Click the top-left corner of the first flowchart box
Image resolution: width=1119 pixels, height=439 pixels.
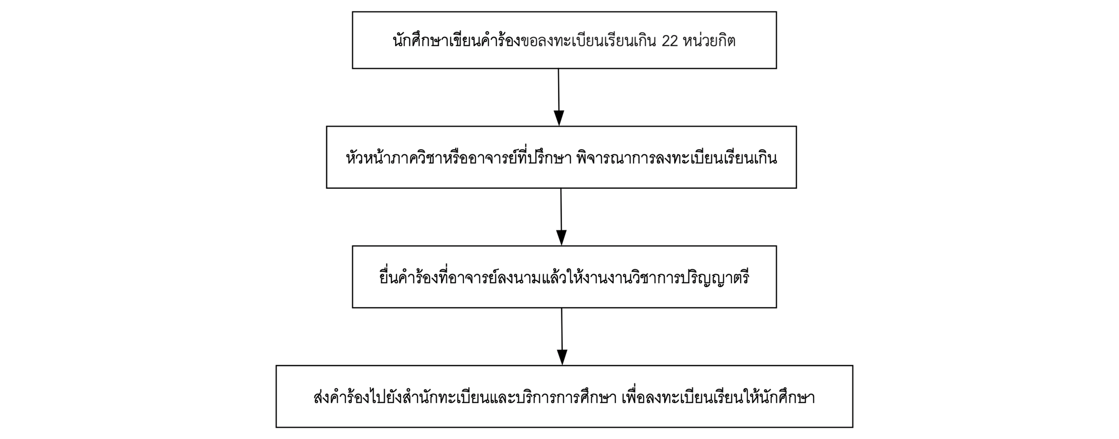point(352,12)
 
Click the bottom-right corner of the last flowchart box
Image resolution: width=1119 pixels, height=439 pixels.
point(853,427)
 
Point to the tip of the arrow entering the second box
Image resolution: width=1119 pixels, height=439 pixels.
point(559,126)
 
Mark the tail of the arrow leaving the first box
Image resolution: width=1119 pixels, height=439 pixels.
point(558,68)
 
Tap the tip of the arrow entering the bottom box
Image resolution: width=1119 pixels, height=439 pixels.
point(562,365)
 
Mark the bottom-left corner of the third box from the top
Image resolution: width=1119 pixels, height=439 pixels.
point(352,307)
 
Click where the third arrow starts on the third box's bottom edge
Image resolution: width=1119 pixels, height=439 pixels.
point(562,308)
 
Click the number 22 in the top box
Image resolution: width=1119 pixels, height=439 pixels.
point(670,41)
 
